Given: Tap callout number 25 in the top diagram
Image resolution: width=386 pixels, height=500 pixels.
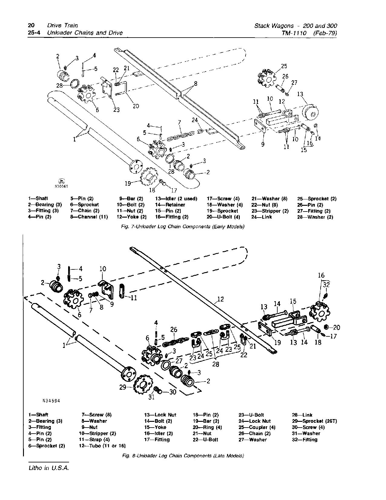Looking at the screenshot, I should (284, 66).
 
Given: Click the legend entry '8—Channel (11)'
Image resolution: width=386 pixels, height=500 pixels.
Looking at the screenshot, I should (89, 217).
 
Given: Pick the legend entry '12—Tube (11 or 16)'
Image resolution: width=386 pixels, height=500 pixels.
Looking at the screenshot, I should (102, 445).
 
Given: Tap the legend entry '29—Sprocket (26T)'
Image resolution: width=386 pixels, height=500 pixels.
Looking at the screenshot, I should (314, 421).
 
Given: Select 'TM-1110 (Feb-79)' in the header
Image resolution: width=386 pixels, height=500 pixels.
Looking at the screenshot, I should (309, 33).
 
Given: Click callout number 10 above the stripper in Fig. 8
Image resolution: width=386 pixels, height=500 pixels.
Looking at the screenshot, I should (103, 269).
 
